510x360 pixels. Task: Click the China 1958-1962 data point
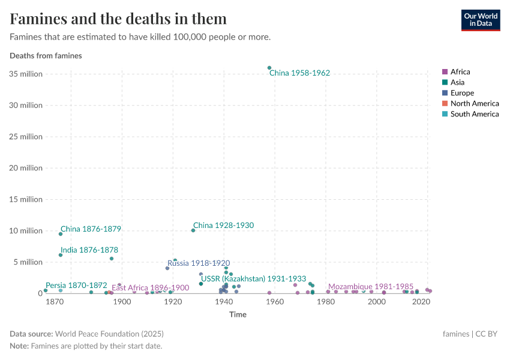(x=269, y=68)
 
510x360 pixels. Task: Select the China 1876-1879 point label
(x=91, y=229)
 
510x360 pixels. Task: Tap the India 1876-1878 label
(x=89, y=250)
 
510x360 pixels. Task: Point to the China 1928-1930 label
(x=223, y=226)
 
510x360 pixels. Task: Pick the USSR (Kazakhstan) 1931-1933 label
(x=253, y=279)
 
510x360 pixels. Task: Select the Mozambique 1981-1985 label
(x=371, y=287)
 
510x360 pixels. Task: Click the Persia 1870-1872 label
(x=76, y=286)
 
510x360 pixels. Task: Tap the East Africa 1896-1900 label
(x=150, y=288)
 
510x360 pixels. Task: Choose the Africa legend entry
(x=460, y=72)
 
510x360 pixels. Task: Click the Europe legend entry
(x=462, y=93)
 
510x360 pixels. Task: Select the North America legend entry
(x=474, y=104)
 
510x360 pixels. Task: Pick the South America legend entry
(x=474, y=114)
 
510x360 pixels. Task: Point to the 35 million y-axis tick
(x=25, y=74)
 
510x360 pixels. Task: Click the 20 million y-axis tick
(x=25, y=168)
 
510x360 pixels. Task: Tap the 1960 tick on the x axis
(x=275, y=302)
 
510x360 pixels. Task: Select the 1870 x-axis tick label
(x=55, y=302)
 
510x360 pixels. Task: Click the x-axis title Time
(x=237, y=314)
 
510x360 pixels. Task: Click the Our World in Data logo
(x=480, y=20)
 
